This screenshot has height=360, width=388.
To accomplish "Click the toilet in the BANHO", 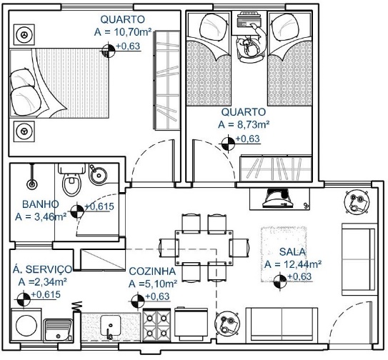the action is (x=71, y=180).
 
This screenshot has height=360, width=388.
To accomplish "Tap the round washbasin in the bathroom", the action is (x=98, y=175).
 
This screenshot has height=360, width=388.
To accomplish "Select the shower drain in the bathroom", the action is (x=32, y=184).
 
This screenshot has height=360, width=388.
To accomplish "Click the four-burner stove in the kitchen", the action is (x=156, y=325).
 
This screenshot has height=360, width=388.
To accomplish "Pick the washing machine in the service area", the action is (x=26, y=325).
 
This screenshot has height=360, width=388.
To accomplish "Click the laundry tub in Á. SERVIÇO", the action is (x=58, y=330).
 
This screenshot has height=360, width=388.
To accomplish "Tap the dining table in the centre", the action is (x=204, y=247).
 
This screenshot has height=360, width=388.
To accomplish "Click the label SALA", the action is (x=292, y=252).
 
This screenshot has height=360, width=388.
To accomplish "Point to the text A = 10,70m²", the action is (x=123, y=32).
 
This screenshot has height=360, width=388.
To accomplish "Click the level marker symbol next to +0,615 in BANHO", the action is (x=77, y=212).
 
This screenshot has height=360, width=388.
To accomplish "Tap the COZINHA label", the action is (x=152, y=271).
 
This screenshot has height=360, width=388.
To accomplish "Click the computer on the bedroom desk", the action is (x=249, y=20).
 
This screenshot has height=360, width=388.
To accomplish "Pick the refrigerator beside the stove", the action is (x=191, y=324).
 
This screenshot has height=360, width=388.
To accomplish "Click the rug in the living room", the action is (x=284, y=254).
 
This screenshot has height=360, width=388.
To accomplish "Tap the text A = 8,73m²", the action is (x=244, y=124).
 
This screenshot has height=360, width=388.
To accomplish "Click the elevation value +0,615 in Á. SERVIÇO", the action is (x=46, y=294).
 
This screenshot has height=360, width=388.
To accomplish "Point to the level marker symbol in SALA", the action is (x=280, y=281).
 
